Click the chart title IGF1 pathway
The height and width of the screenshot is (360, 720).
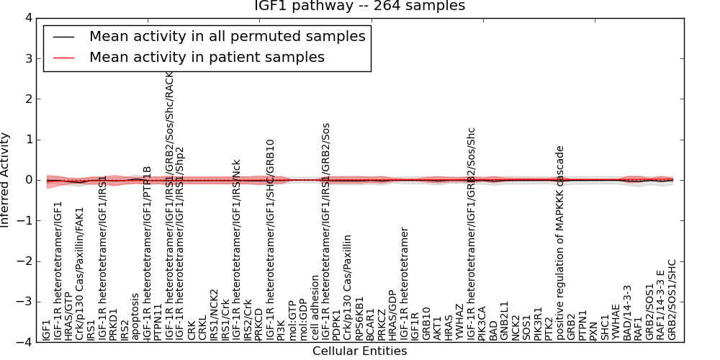359,6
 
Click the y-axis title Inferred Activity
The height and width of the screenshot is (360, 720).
6,180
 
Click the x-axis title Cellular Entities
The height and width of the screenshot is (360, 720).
359,351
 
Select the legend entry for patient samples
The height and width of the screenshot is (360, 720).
207,57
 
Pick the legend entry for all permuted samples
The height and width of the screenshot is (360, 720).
227,36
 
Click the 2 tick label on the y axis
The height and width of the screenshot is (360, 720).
26,99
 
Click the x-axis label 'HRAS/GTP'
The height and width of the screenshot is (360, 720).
68,315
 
